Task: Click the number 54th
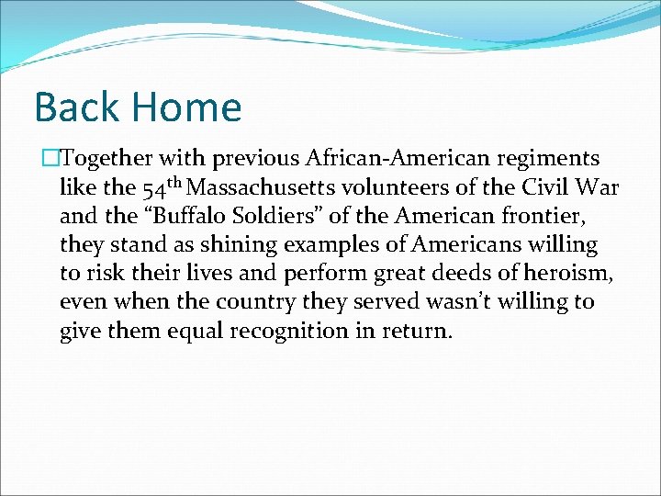pyautogui.click(x=163, y=188)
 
